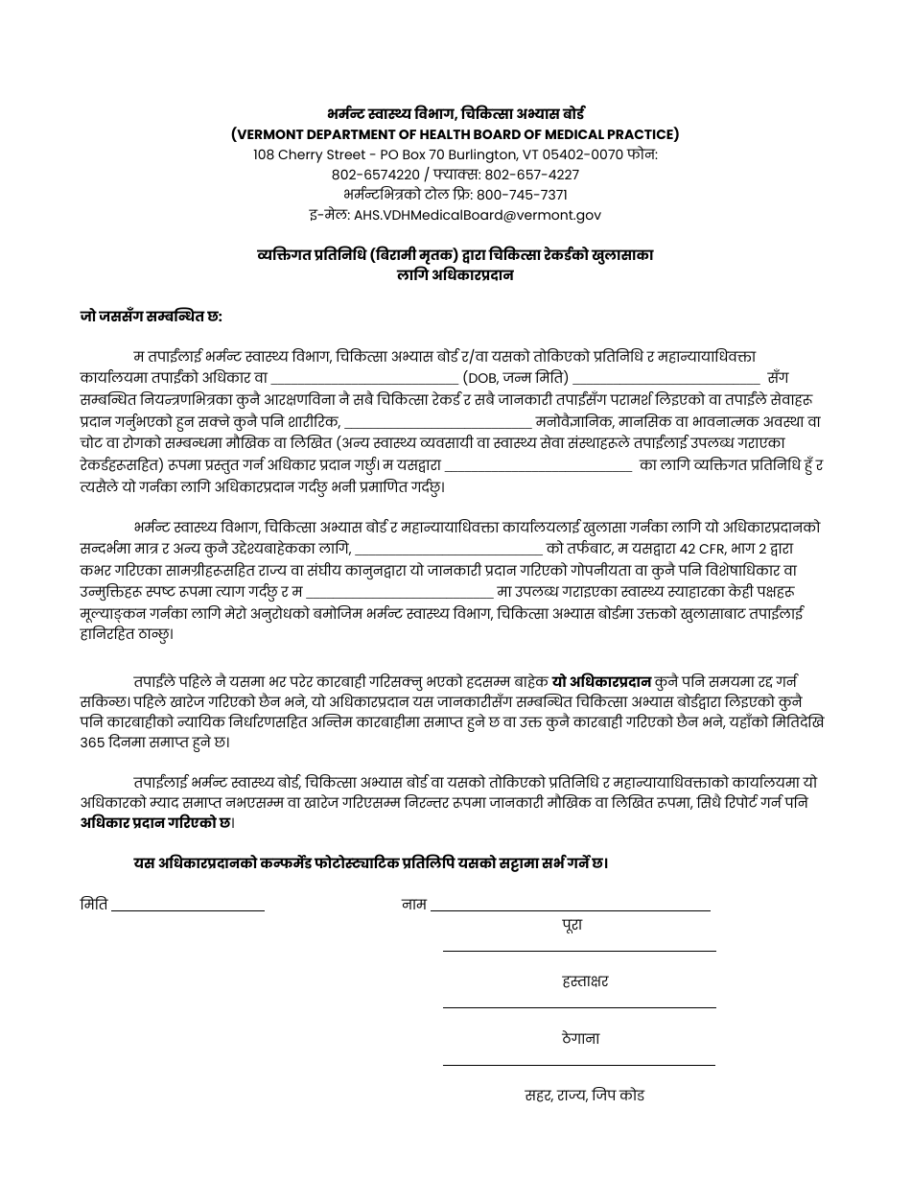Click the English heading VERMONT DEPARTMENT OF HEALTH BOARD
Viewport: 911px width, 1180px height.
click(x=455, y=134)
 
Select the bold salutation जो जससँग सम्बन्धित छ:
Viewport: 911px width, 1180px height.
click(x=152, y=316)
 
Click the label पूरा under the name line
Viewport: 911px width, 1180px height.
click(x=572, y=925)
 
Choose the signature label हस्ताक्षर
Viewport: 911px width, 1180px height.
click(x=585, y=981)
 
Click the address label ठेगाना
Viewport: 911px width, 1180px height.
click(x=581, y=1038)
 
